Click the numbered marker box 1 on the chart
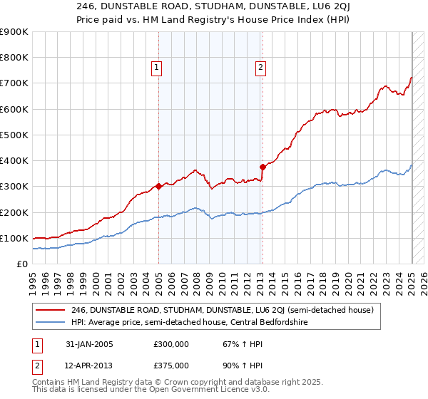coord(157,68)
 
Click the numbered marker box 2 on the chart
coord(260,68)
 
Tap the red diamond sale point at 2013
coord(263,167)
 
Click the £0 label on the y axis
coord(22,264)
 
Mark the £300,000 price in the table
coord(170,344)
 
